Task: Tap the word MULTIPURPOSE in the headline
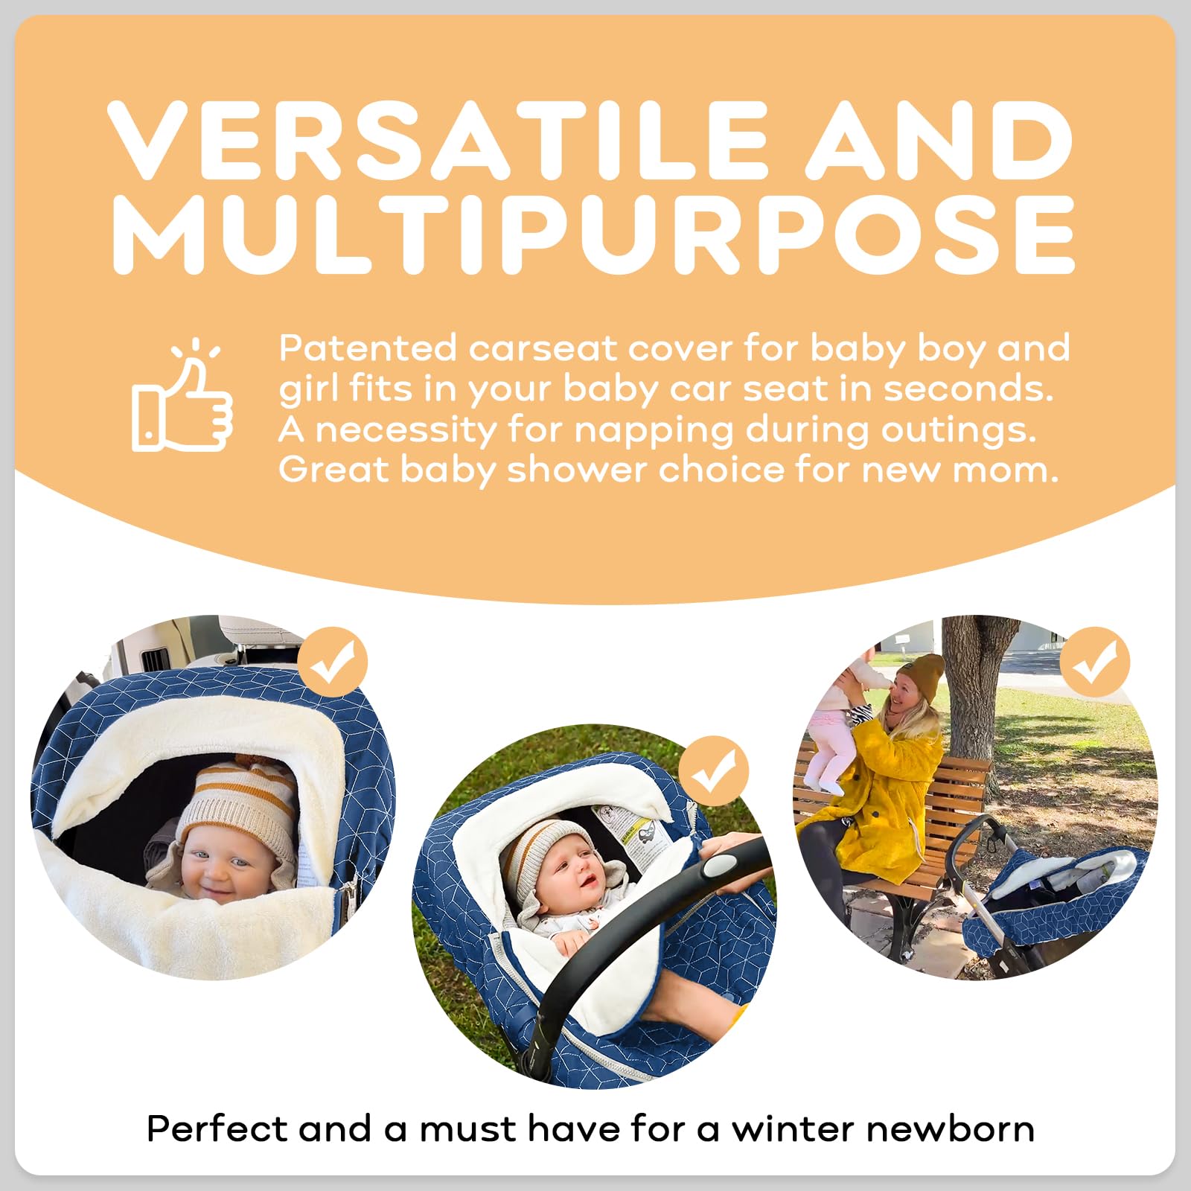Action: (593, 234)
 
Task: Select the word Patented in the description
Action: (368, 348)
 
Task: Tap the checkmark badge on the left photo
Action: (332, 662)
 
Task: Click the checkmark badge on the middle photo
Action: (714, 771)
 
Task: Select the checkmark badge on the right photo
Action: (1094, 662)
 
